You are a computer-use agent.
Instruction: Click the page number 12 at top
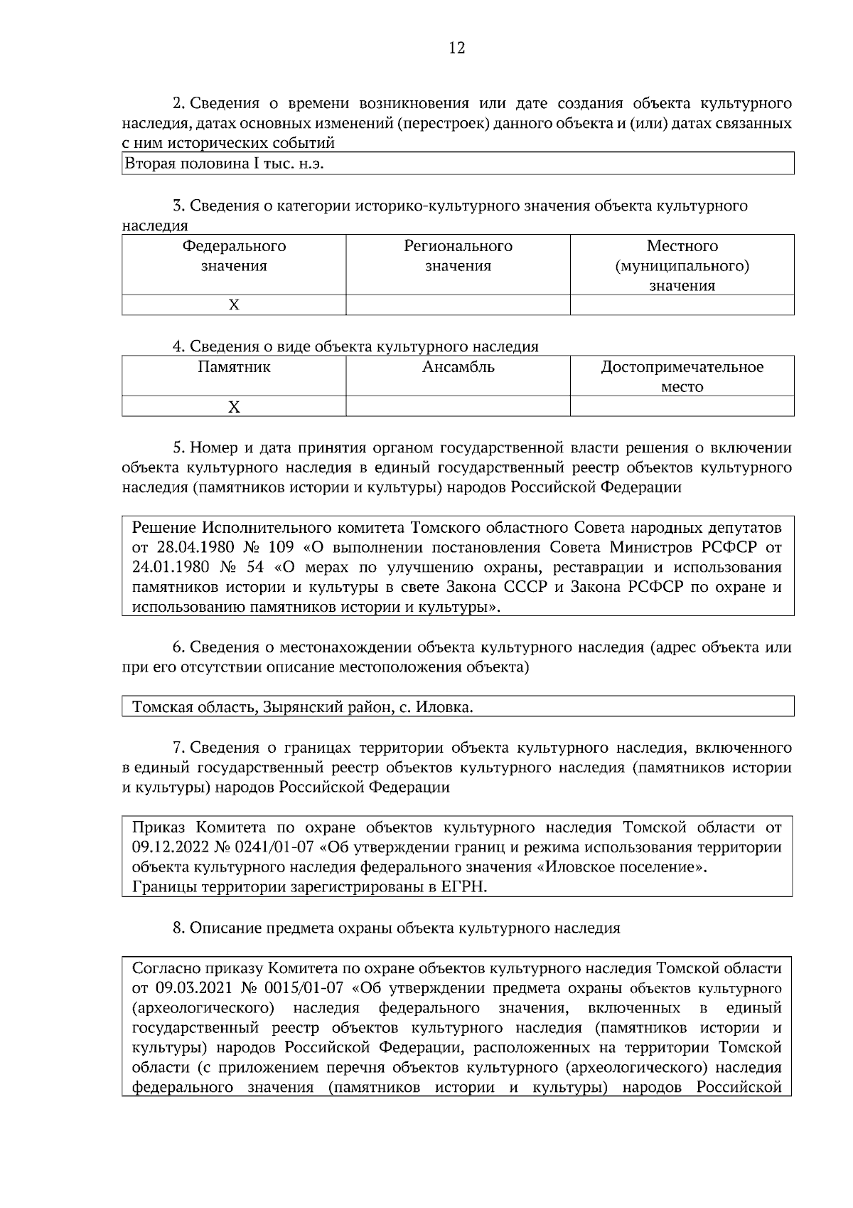point(457,48)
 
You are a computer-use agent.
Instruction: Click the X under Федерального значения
point(234,305)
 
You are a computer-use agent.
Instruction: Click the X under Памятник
point(234,407)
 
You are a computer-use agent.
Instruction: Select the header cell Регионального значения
point(458,256)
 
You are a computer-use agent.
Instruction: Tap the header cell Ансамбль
point(458,368)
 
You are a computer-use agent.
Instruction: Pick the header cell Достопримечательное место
point(682,376)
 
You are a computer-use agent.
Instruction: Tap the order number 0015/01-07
point(303,988)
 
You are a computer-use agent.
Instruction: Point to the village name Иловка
point(444,708)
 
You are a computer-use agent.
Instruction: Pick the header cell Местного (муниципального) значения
point(682,265)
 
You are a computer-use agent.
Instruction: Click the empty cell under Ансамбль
point(458,407)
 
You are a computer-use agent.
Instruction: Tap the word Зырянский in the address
point(298,708)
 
